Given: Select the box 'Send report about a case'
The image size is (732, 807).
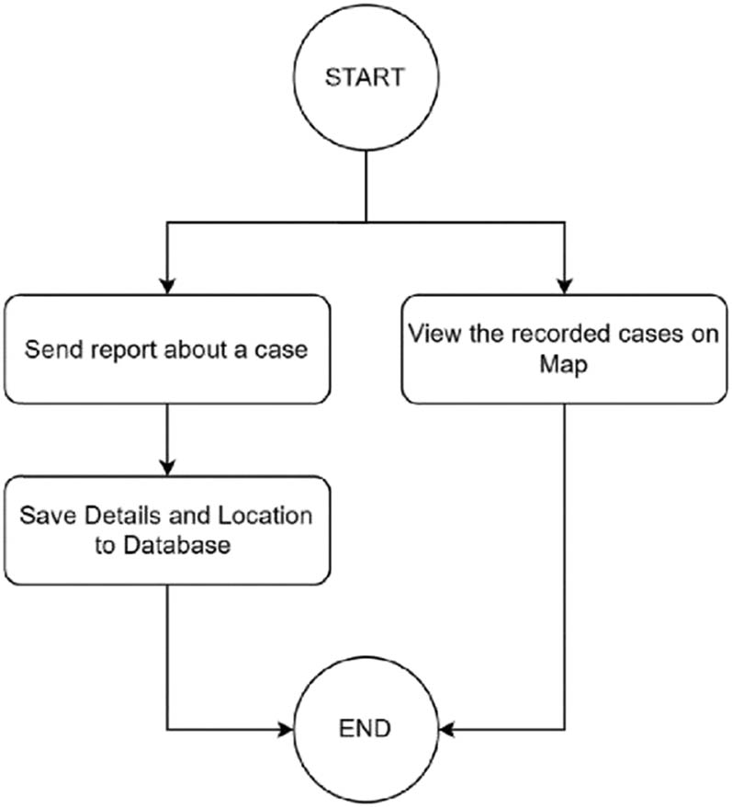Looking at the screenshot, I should pyautogui.click(x=166, y=349).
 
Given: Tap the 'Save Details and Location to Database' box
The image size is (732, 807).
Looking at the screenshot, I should pyautogui.click(x=166, y=529).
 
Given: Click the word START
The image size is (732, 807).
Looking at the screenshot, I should pyautogui.click(x=366, y=77).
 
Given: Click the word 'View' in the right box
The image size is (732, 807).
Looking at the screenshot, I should pyautogui.click(x=431, y=334).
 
